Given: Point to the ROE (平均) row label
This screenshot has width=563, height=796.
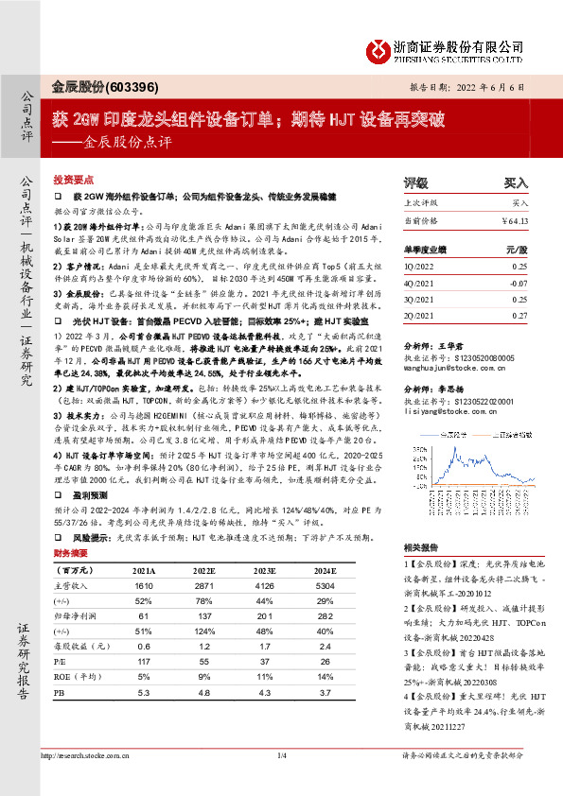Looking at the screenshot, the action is coord(79,677).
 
